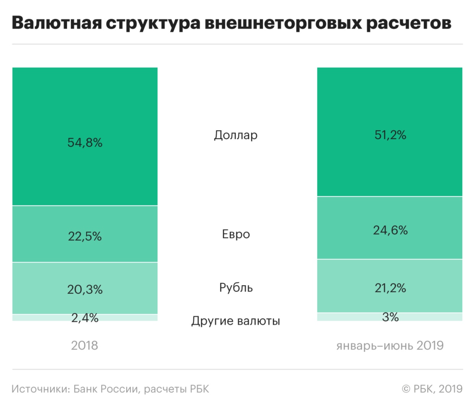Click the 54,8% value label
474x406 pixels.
(x=85, y=143)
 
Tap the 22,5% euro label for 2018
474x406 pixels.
(x=85, y=236)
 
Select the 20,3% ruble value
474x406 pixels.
(x=85, y=289)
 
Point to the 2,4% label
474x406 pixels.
(x=85, y=318)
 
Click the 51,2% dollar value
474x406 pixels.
(x=390, y=135)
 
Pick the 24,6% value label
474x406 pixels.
(x=390, y=230)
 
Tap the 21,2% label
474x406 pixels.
(x=390, y=288)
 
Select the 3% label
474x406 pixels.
(x=390, y=317)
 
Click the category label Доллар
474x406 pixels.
(x=236, y=135)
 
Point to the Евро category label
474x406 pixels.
(x=236, y=234)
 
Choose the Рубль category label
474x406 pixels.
(x=236, y=287)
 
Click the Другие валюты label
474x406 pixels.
(x=236, y=321)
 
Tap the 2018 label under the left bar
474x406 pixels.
(x=84, y=345)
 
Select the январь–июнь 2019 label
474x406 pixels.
(x=390, y=345)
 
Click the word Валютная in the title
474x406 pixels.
(x=57, y=23)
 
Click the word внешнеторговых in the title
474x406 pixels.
(x=283, y=23)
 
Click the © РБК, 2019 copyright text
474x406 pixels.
(x=432, y=389)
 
